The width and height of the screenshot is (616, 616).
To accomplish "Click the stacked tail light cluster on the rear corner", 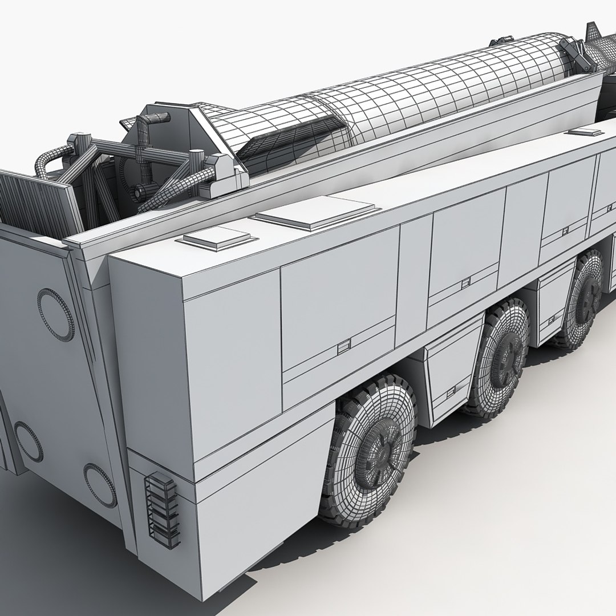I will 161,508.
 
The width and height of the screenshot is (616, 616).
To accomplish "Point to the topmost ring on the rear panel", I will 55,312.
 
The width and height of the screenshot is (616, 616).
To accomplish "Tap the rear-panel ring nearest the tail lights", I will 100,484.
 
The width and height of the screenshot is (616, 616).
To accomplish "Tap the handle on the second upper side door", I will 465,281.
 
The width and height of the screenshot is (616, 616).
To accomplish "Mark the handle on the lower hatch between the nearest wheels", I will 451,390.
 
